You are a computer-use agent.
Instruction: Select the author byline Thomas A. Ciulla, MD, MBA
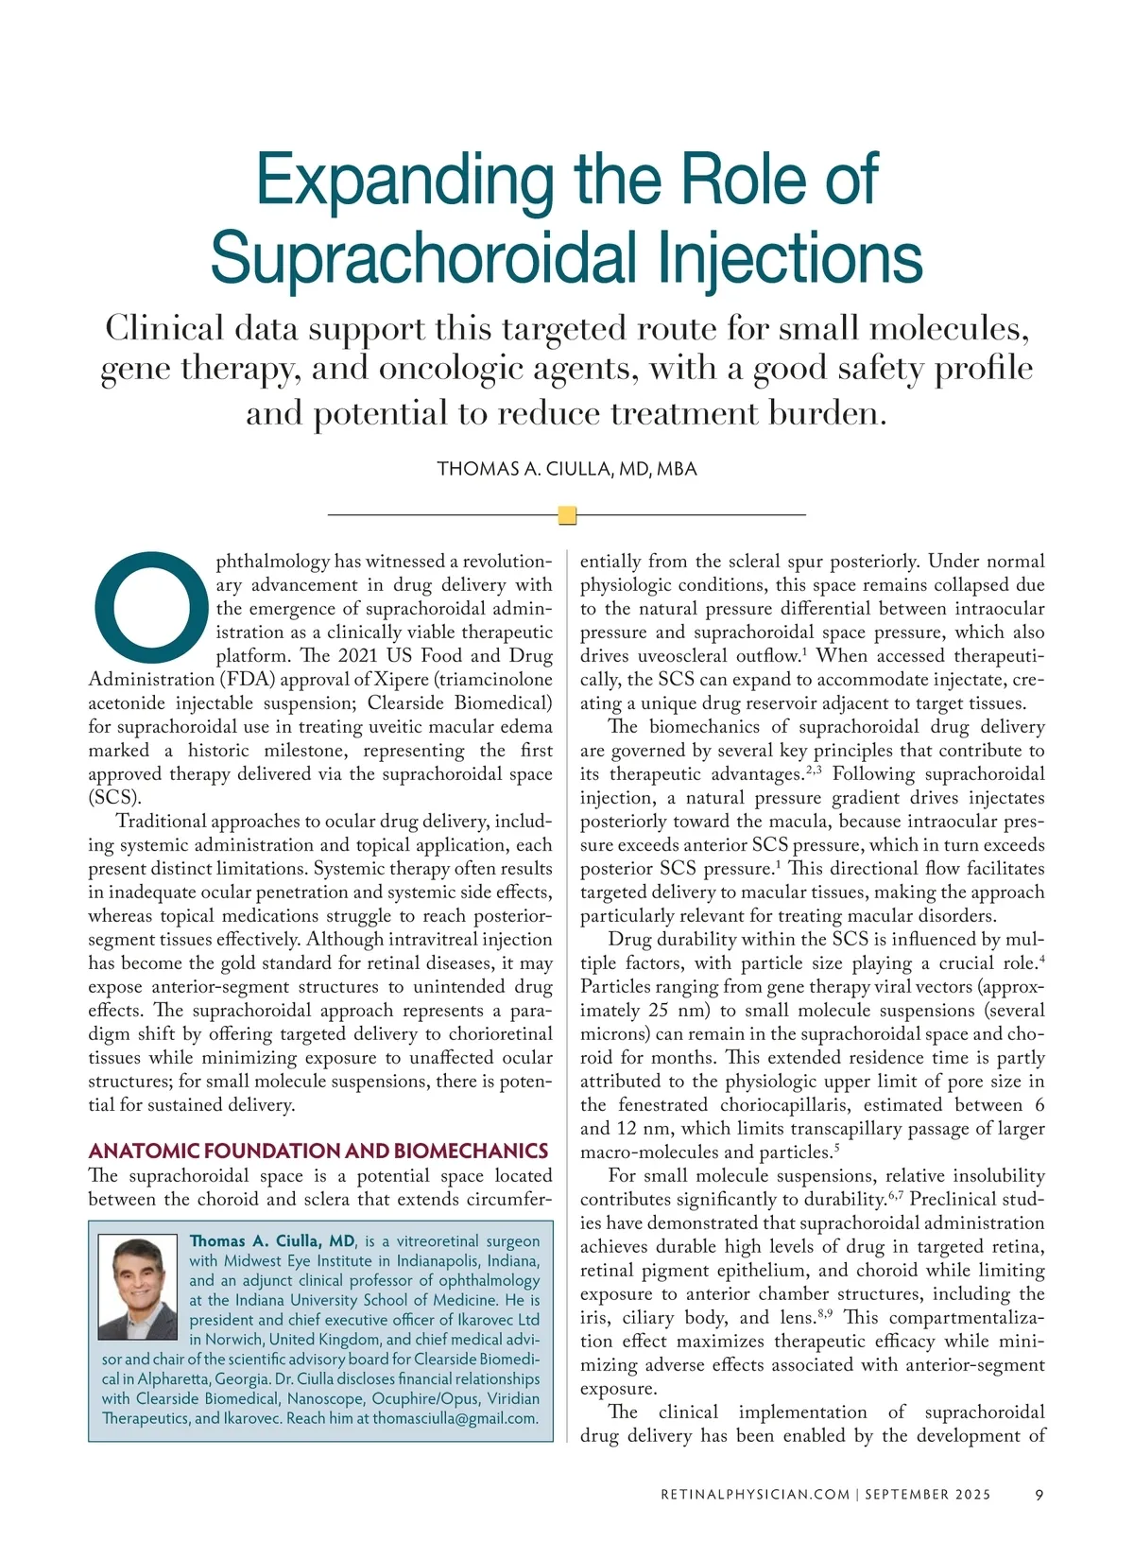tap(567, 469)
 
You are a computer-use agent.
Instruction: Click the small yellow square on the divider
tap(567, 515)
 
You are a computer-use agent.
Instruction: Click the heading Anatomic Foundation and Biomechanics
tap(318, 1151)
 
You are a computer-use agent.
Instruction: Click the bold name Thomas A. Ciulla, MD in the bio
tap(272, 1241)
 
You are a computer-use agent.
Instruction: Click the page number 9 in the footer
tap(1039, 1495)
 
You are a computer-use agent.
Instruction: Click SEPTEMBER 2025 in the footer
tap(928, 1495)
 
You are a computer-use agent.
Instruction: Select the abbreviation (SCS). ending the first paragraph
tap(114, 797)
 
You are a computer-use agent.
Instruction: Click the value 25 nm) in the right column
tap(673, 1011)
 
